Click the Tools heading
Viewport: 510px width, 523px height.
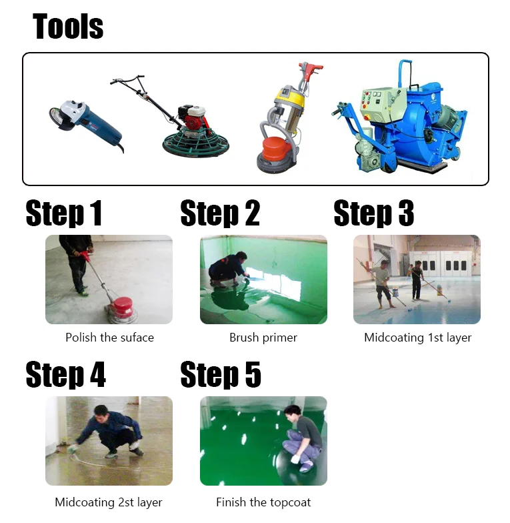click(x=68, y=27)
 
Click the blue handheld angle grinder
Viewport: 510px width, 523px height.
click(x=84, y=121)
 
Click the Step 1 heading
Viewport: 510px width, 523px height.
click(x=64, y=213)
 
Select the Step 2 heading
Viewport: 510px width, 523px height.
click(x=220, y=213)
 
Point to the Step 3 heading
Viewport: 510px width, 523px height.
click(x=373, y=213)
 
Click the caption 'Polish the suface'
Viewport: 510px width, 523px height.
click(x=109, y=338)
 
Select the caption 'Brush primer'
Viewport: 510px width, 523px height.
click(x=263, y=338)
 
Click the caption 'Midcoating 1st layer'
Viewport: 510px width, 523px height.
click(x=417, y=338)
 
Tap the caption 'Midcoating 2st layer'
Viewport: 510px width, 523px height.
click(x=109, y=502)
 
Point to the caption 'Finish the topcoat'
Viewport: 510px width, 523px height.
click(x=263, y=502)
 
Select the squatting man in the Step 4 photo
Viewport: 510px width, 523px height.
click(x=110, y=430)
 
